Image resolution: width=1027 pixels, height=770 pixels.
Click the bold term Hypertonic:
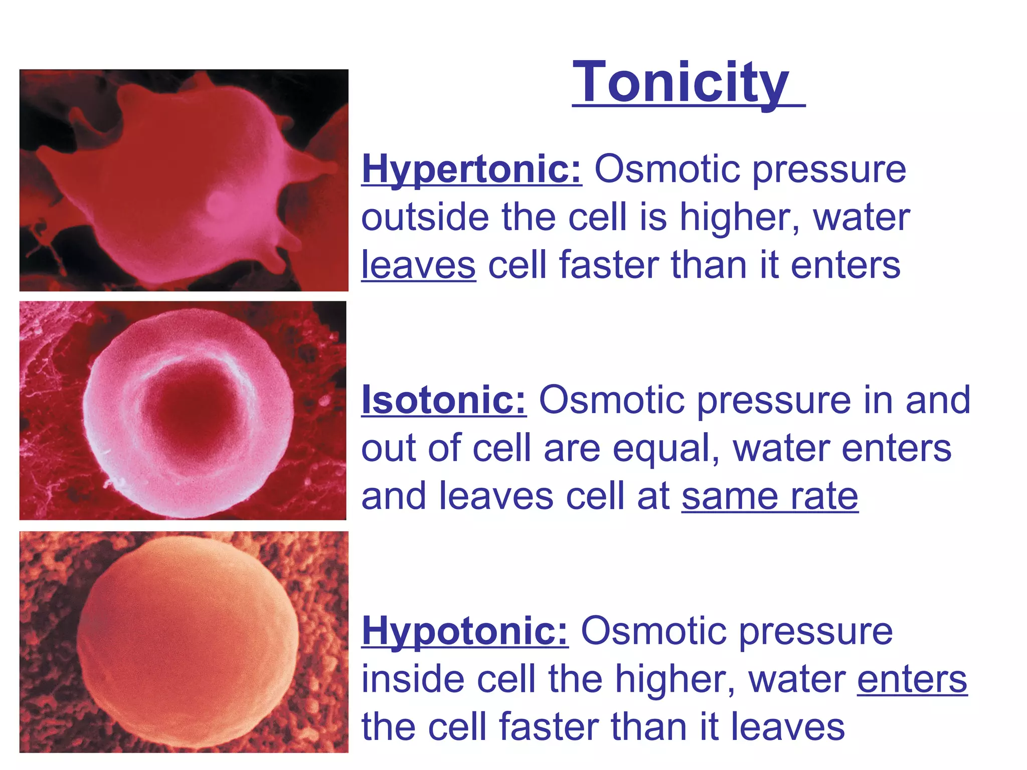[x=471, y=169]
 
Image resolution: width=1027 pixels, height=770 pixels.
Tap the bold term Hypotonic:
[x=464, y=631]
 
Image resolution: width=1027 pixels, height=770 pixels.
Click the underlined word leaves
[x=418, y=265]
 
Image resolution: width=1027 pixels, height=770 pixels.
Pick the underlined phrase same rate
[x=770, y=496]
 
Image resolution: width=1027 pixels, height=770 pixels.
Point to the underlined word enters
[x=912, y=679]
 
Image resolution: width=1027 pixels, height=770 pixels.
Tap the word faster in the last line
[x=547, y=727]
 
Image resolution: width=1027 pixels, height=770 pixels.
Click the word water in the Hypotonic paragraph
[x=797, y=679]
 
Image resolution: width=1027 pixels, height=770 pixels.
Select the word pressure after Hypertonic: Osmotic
[x=829, y=169]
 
